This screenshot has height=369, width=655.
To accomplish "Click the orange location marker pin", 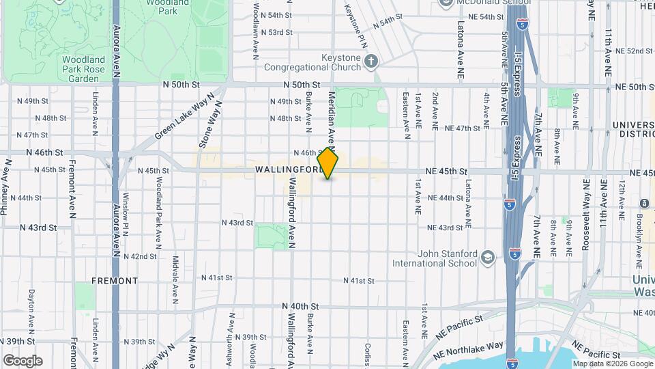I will tap(328, 163).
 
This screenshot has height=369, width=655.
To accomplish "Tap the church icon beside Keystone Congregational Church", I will tap(370, 62).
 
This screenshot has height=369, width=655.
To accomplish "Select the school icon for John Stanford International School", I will tap(487, 257).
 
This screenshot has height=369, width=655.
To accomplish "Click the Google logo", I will tap(23, 361).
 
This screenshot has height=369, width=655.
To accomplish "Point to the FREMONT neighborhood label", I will tap(115, 280).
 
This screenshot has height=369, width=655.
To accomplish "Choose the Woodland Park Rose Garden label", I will tap(84, 69).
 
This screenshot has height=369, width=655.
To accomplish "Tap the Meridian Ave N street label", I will tap(332, 120).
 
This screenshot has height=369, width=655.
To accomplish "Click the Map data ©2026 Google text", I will tap(612, 364).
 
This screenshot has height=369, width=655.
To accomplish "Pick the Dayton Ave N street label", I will tap(31, 307).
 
